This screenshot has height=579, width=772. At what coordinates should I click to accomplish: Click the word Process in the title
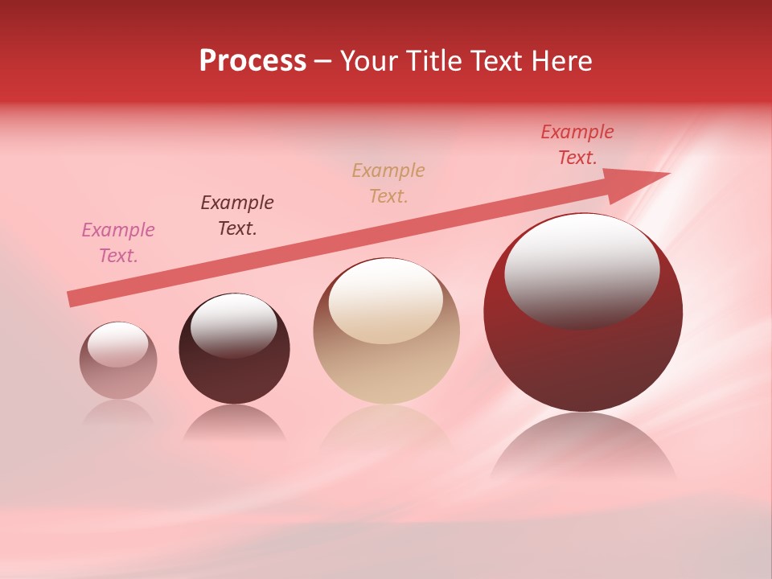[253, 61]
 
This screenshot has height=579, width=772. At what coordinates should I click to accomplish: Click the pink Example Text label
[118, 243]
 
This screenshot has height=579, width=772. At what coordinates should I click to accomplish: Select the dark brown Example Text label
[237, 216]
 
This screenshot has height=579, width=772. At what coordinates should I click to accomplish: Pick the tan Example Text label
[388, 183]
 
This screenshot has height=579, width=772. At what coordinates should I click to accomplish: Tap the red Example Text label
[577, 145]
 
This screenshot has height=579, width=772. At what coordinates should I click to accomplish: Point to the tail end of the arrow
[70, 299]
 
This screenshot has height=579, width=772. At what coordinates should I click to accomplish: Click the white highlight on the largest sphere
[582, 269]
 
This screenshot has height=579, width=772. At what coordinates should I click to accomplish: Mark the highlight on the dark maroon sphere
[233, 326]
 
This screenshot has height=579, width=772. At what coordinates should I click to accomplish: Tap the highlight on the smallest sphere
[118, 344]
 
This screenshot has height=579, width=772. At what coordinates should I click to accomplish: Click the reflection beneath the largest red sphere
[583, 450]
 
